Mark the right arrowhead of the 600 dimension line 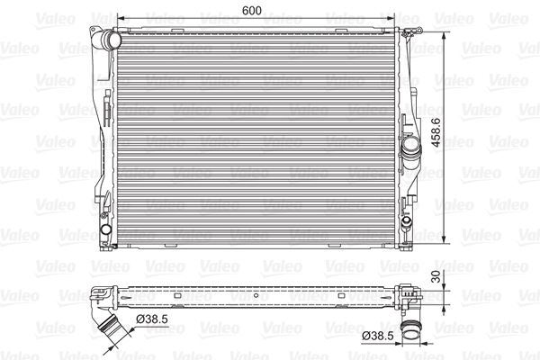[x=398, y=19]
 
